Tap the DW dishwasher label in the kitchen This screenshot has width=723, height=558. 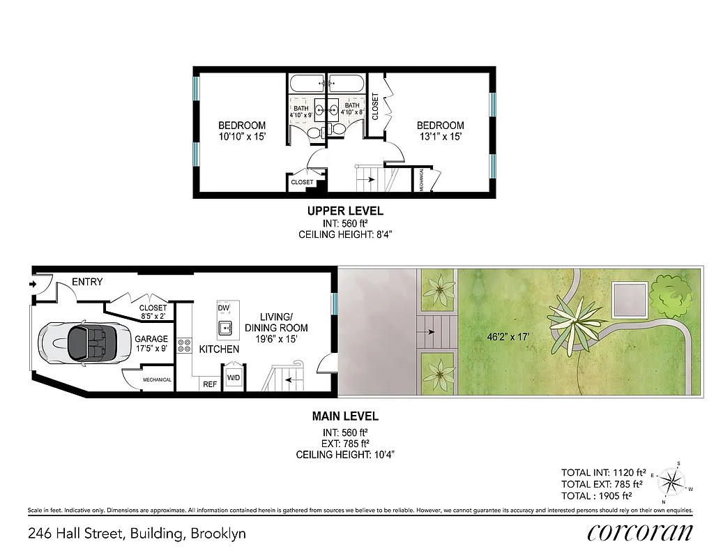pyautogui.click(x=223, y=308)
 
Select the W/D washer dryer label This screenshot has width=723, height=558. pyautogui.click(x=233, y=378)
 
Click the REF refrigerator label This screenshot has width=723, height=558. pyautogui.click(x=209, y=384)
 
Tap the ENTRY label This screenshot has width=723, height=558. pyautogui.click(x=87, y=282)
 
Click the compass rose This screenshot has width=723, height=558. pyautogui.click(x=673, y=481)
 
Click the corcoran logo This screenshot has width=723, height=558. pyautogui.click(x=640, y=532)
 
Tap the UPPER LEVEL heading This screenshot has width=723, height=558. pyautogui.click(x=346, y=211)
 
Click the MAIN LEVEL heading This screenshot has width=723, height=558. pyautogui.click(x=345, y=416)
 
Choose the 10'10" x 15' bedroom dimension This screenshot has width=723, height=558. pyautogui.click(x=242, y=137)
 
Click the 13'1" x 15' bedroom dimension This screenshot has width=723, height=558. pyautogui.click(x=440, y=137)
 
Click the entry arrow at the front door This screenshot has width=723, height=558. pyautogui.click(x=33, y=284)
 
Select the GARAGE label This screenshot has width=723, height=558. pyautogui.click(x=151, y=339)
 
